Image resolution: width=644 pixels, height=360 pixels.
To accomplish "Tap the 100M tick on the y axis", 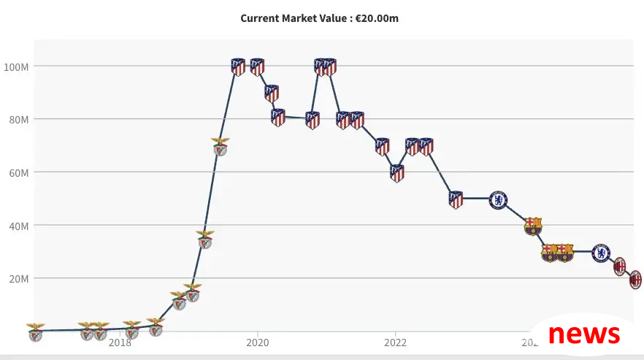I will pos(16,66).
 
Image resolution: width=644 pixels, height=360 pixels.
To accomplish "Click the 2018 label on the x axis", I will pos(120,342).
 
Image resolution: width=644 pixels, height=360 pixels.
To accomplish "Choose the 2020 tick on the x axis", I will pos(257,342).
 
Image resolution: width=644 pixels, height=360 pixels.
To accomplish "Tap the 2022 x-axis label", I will pos(395,342).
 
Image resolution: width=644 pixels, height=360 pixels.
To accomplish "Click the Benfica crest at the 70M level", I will pos(220,146).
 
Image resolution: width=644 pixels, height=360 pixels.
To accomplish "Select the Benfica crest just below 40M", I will pos(205,239).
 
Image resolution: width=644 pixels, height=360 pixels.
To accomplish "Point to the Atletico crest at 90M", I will pos(272,93).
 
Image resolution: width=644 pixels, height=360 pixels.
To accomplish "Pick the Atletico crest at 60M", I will pos(396,173).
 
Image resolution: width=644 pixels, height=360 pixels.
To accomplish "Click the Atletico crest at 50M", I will pos(456,199).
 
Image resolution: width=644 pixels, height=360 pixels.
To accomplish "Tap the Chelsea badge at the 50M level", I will pos(498,199).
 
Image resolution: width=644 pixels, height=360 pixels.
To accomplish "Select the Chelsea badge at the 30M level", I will pos(600,253).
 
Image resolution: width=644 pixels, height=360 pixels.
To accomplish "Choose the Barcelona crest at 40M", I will pos(533,226).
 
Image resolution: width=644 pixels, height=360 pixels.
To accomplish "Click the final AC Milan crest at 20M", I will pos(635,279).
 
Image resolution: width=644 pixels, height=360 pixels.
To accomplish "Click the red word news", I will pos(583,334).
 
